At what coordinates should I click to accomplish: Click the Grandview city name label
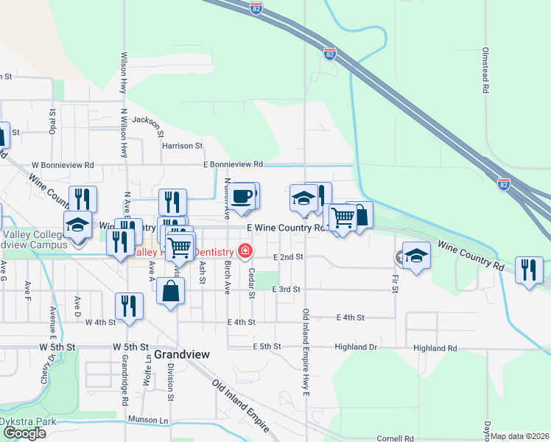click(182, 354)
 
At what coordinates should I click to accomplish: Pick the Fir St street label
click(395, 284)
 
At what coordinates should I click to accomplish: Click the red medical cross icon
click(243, 251)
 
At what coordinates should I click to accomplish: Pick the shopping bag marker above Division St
click(170, 290)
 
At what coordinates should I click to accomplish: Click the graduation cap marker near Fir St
click(416, 256)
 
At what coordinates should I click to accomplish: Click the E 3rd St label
click(287, 290)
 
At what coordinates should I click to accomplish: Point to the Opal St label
click(52, 117)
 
